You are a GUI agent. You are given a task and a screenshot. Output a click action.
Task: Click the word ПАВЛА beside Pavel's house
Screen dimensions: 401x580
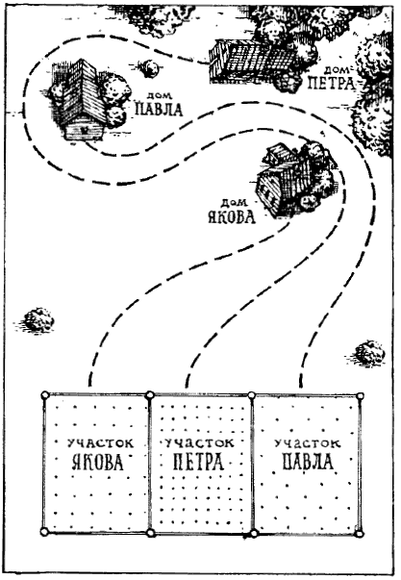click(160, 110)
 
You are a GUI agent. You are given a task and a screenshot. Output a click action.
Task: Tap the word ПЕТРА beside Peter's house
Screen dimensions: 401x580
click(331, 84)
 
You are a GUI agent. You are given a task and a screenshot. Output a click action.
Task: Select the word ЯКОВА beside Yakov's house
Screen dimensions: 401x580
click(232, 216)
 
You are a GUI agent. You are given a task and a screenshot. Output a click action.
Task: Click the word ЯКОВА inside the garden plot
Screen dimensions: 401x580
click(98, 462)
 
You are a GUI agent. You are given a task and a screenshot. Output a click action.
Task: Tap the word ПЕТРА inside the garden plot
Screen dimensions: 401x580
click(199, 462)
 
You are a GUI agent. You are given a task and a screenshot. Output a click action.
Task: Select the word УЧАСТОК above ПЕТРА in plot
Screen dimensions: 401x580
click(199, 442)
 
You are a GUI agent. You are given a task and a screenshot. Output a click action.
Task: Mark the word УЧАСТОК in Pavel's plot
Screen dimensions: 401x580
click(308, 442)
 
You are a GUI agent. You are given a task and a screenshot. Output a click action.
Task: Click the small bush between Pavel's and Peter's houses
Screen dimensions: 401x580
click(150, 68)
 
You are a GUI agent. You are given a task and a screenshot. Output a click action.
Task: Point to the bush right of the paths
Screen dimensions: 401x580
click(368, 353)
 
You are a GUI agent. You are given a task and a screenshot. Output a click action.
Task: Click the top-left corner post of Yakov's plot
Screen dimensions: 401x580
click(45, 394)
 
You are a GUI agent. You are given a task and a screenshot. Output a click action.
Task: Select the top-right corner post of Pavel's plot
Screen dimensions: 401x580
click(360, 396)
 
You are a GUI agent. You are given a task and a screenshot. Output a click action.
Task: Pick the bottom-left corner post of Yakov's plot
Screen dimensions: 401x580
click(44, 532)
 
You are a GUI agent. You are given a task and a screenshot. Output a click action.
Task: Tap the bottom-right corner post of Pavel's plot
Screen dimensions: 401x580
click(359, 534)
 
